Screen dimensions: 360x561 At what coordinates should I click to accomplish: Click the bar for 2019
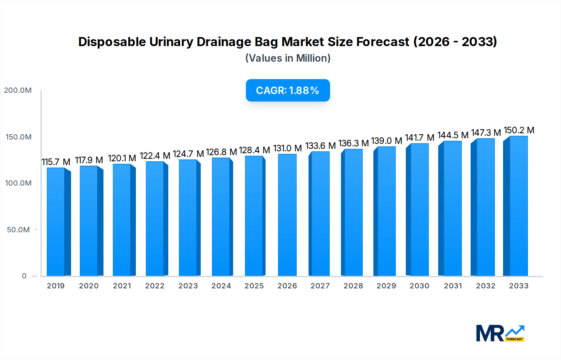coord(56,222)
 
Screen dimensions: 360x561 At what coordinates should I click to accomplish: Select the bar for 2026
coord(287,215)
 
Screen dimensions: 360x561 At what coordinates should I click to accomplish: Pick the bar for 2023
coord(188,218)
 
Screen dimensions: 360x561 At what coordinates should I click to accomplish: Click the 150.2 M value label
coord(519,130)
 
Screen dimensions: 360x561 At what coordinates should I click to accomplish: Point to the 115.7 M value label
coord(56,162)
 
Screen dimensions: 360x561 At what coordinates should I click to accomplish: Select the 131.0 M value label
coord(287,148)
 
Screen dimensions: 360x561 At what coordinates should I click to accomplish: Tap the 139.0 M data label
coord(386,141)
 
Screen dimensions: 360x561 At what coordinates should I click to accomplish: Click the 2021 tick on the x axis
coord(122,286)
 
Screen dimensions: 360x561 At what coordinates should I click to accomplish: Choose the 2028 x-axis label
coord(353,286)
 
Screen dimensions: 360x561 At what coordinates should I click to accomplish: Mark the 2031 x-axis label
coord(453,286)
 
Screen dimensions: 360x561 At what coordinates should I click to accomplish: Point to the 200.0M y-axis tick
coord(18,90)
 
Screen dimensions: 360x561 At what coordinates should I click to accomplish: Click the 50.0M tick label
coord(18,230)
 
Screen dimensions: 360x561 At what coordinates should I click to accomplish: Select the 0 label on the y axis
coord(24,276)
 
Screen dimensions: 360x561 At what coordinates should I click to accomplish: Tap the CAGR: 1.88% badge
coord(288,90)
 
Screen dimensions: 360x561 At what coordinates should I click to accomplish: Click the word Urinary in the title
coord(171,42)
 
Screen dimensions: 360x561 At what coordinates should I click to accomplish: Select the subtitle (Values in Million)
coord(288,58)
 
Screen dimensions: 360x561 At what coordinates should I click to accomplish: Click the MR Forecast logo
coord(500,333)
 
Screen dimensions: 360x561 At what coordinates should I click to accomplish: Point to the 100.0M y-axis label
coord(18,183)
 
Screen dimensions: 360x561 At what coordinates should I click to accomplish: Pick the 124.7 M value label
coord(188,154)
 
